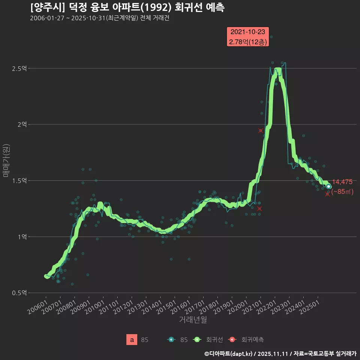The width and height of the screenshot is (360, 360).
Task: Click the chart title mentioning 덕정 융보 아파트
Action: (x=127, y=7)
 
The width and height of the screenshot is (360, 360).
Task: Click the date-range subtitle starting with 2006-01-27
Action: (x=99, y=18)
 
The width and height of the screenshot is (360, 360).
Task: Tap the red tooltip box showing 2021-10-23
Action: (x=248, y=37)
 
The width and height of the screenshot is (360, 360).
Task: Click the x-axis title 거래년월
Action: (x=193, y=320)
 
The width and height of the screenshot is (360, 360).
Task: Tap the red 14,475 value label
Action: (x=342, y=182)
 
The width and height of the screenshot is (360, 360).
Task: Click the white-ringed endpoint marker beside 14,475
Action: (x=328, y=186)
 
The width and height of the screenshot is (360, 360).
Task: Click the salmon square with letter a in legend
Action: (x=132, y=340)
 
